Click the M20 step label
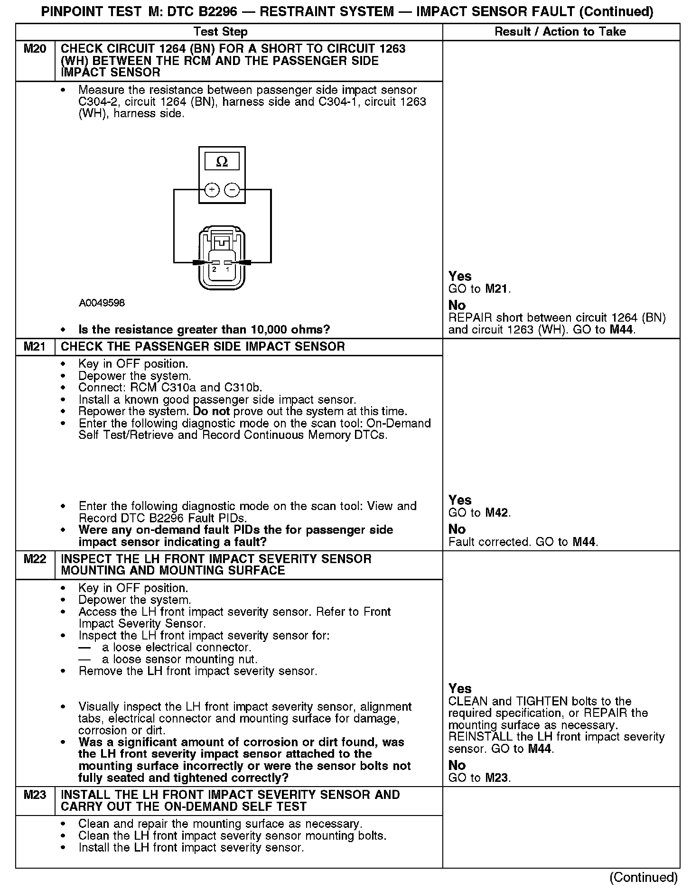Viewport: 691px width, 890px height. [x=35, y=49]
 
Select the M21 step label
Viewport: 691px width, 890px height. [x=35, y=347]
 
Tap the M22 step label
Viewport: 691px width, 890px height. [x=35, y=559]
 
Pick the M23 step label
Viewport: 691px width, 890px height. [x=35, y=795]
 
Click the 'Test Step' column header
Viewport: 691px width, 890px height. [x=221, y=32]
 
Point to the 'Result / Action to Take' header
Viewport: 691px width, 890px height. [x=560, y=32]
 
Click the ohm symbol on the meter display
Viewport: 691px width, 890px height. [x=222, y=162]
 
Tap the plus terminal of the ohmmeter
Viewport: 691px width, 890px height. [x=212, y=190]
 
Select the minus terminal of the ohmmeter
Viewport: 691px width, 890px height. [x=232, y=190]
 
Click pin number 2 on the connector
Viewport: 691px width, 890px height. [x=215, y=269]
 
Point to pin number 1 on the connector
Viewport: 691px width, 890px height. [x=227, y=269]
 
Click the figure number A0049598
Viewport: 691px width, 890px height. [x=102, y=303]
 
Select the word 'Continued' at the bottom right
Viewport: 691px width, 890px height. [x=644, y=877]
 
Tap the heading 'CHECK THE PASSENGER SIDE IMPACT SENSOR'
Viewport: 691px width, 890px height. [x=203, y=347]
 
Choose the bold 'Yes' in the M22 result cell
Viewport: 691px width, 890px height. [x=460, y=688]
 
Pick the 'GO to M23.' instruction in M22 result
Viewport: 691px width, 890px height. [x=479, y=778]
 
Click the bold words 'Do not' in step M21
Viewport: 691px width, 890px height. [x=211, y=411]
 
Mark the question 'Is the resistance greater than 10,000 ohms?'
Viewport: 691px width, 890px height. [x=204, y=330]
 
